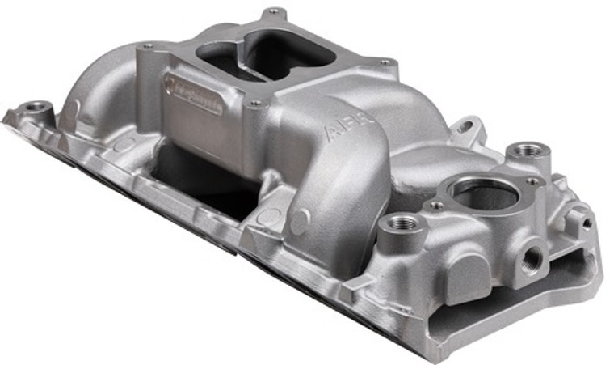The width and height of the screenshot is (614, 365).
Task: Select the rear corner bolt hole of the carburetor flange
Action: click(x=275, y=12)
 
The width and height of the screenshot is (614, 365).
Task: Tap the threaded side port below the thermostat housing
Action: click(x=532, y=258)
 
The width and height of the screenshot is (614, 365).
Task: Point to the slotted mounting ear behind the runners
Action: click(x=466, y=128)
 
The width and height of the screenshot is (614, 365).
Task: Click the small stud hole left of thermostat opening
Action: click(x=436, y=205)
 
